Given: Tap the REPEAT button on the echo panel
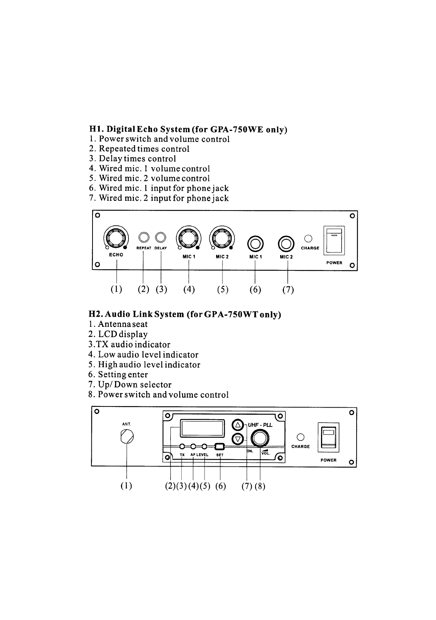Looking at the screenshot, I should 143,237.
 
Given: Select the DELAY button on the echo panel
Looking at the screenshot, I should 161,237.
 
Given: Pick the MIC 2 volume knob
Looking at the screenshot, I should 222,237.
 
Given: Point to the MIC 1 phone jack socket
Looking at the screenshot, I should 255,244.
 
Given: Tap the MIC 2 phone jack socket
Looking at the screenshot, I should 287,244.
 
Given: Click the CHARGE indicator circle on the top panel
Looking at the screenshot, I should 308,238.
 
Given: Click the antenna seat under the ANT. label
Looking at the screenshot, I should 127,436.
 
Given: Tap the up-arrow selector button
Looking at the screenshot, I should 237,425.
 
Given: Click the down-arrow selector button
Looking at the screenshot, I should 237,439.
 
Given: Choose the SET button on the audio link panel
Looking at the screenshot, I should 220,446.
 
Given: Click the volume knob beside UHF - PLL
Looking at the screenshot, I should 260,438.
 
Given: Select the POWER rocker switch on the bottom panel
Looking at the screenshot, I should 328,438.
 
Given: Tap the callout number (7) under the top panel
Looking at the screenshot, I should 288,290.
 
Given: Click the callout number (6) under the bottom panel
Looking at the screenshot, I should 221,486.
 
